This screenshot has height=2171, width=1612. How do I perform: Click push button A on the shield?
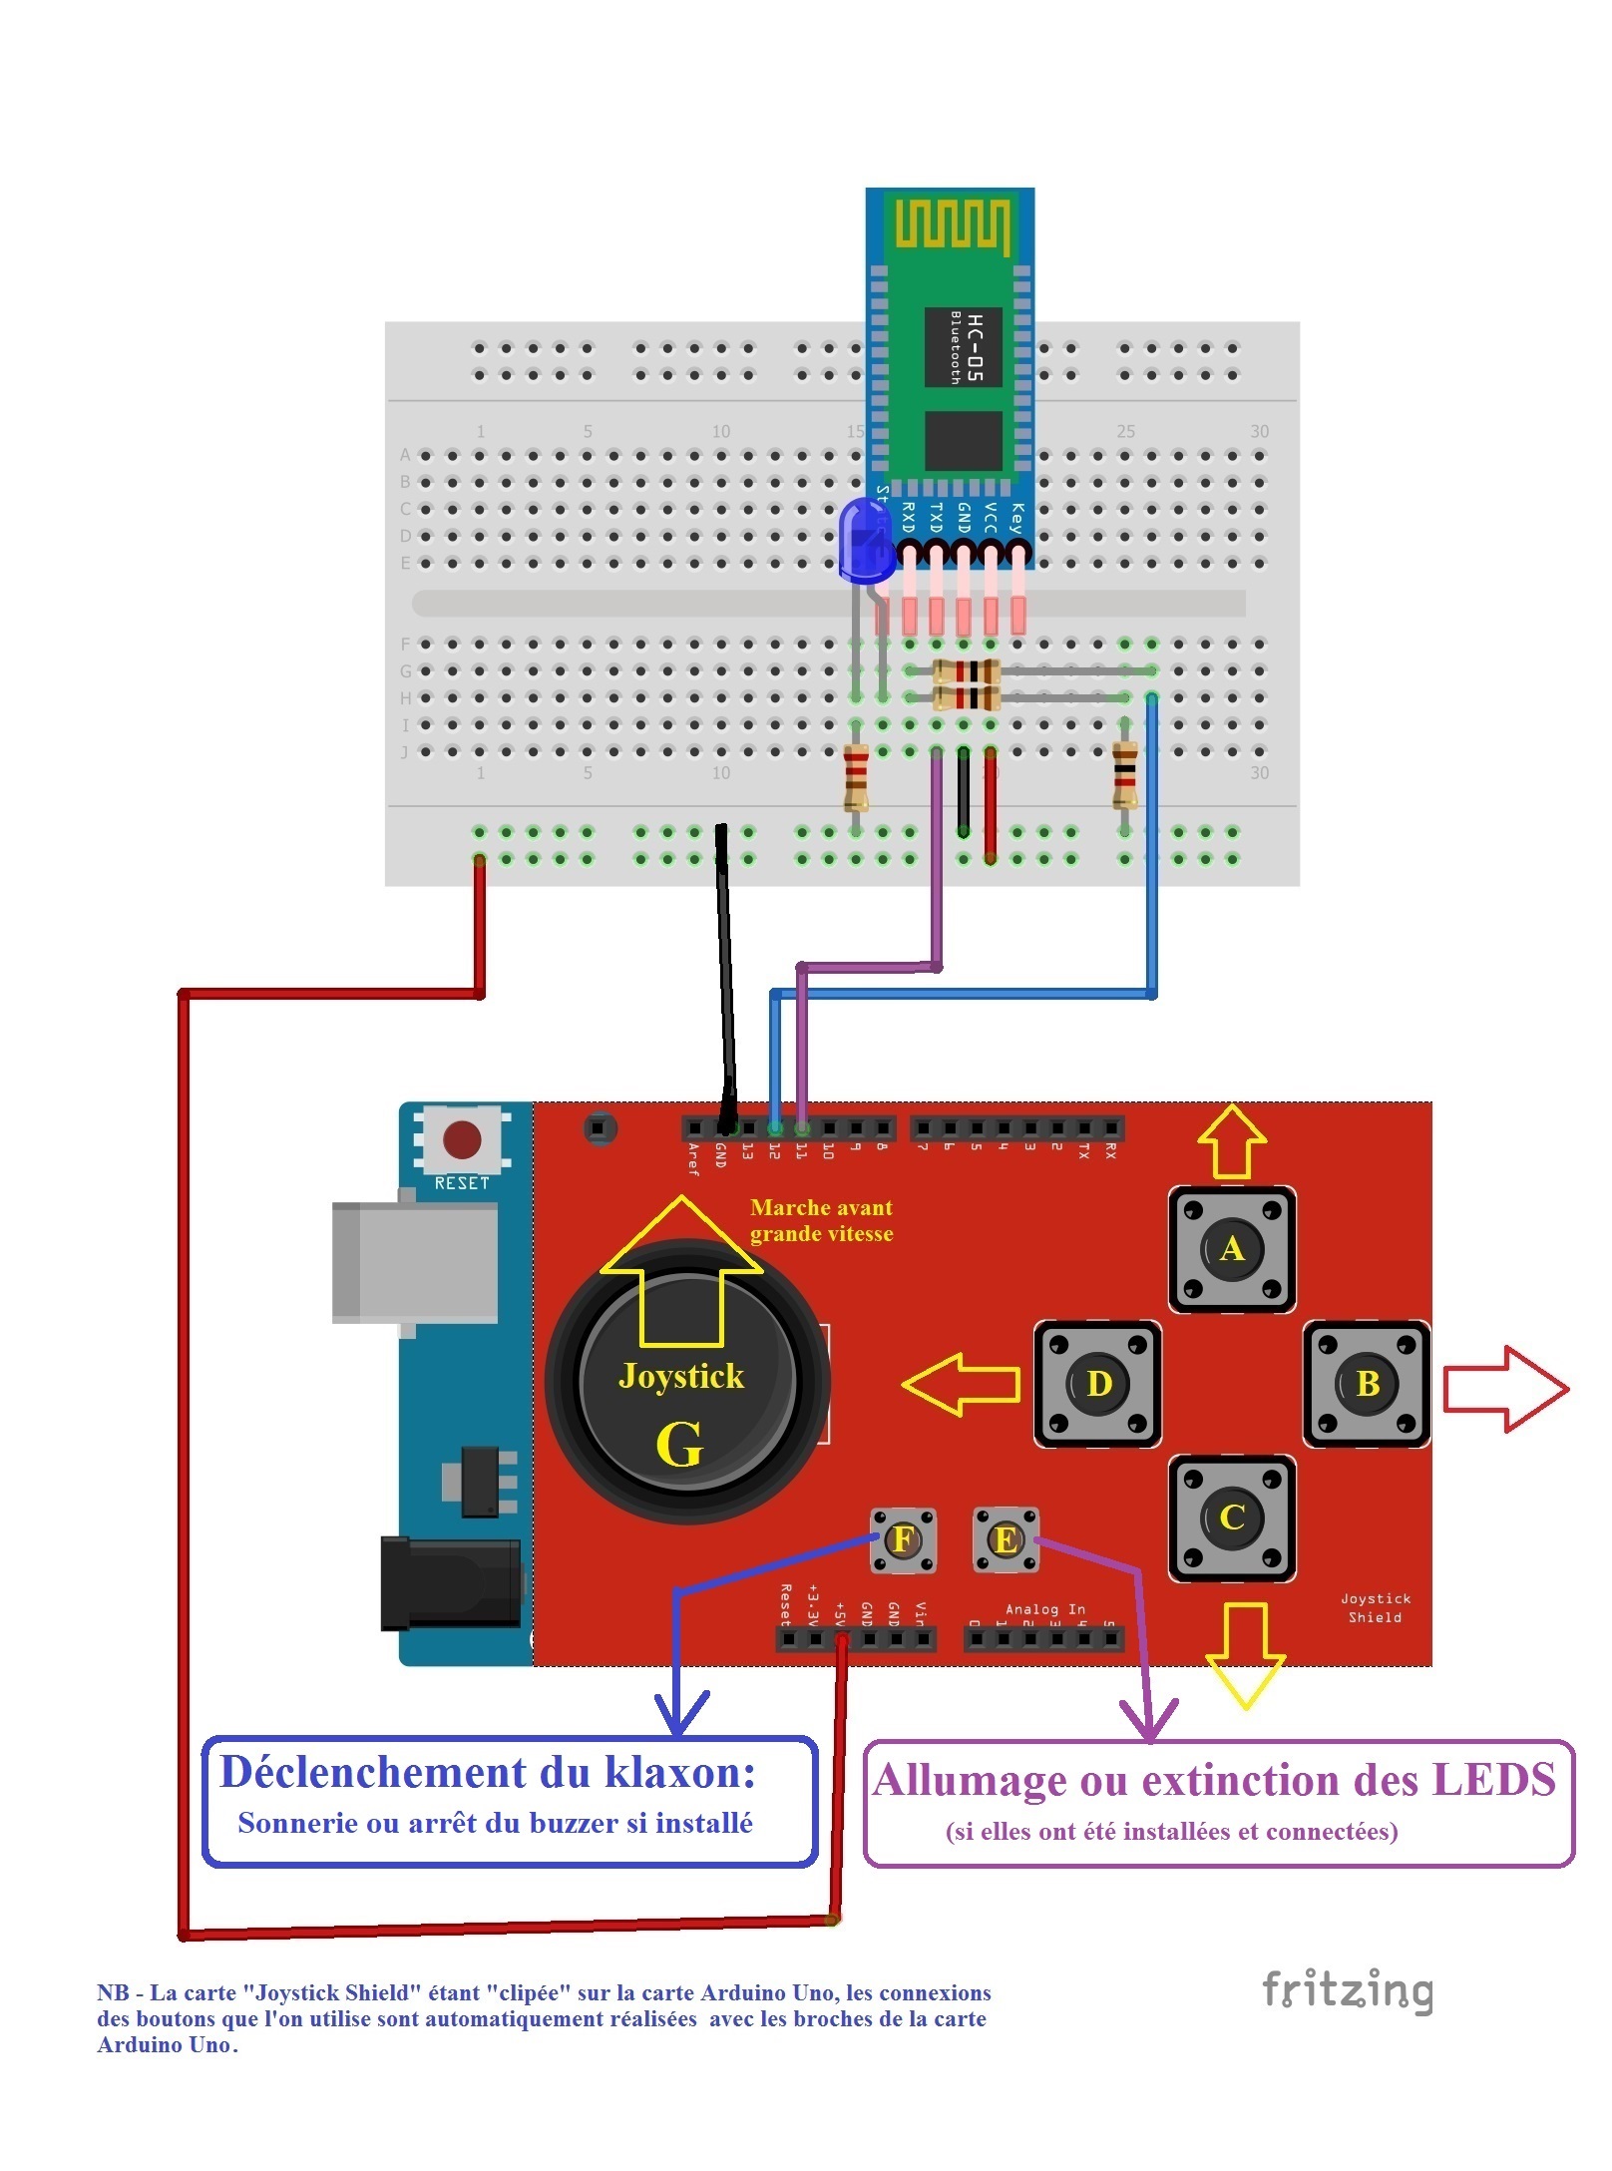coord(1231,1248)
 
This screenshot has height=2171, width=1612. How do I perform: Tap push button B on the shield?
coord(1366,1383)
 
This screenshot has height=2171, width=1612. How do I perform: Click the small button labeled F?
coord(902,1538)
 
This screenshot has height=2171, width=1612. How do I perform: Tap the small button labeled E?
coord(1005,1539)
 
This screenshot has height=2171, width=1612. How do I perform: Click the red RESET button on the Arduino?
coord(461,1138)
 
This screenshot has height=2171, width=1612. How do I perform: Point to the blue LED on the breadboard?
coord(865,539)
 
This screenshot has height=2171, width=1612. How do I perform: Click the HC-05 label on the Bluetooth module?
coord(975,346)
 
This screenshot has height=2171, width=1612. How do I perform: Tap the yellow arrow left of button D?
coord(961,1383)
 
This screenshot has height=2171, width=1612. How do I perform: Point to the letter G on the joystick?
coord(679,1444)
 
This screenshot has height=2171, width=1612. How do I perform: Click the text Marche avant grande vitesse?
coord(820,1220)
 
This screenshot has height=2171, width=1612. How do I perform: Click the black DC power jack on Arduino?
coord(451,1583)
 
